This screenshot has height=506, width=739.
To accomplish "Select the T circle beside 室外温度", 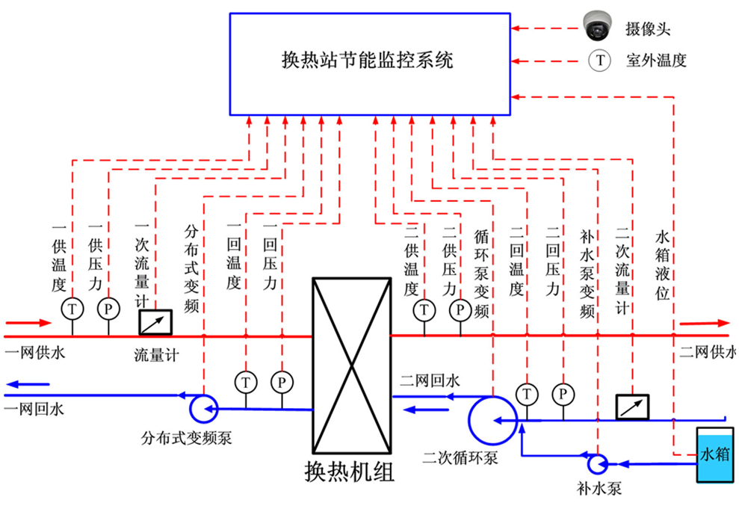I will coord(599,61).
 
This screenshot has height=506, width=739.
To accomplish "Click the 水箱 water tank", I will coord(713,454).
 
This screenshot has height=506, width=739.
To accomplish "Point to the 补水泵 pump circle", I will coord(598,464).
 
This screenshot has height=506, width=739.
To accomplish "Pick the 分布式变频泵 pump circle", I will coord(202,407).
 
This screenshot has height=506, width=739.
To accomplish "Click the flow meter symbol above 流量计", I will coord(156,322).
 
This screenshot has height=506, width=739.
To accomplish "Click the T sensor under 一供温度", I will coord(72,308).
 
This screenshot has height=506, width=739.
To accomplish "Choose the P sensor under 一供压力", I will coord(108,308).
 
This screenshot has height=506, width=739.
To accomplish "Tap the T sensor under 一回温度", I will coord(245,381).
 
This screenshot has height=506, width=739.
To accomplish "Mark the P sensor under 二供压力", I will coord(460,309).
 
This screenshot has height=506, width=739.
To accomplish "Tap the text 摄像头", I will coord(649,30).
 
